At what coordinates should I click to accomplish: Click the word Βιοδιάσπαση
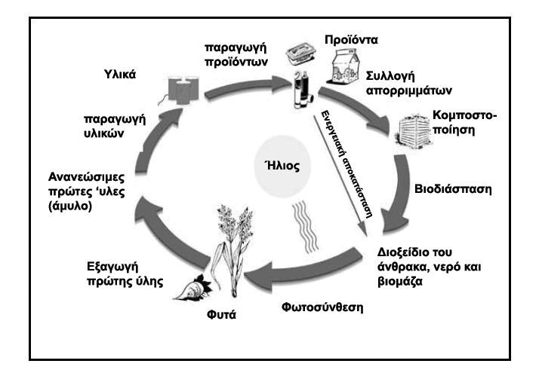pos(452,189)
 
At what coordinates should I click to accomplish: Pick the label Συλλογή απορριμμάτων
pos(408,84)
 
